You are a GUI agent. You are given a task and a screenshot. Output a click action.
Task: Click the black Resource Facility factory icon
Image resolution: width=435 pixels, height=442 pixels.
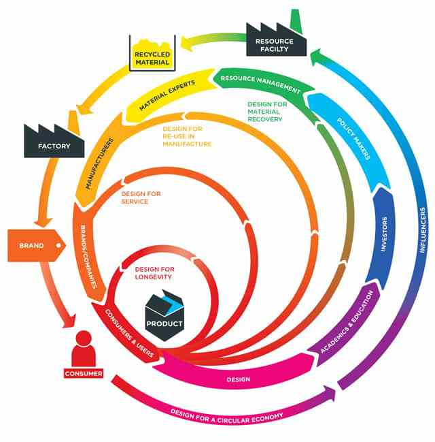(x=275, y=37)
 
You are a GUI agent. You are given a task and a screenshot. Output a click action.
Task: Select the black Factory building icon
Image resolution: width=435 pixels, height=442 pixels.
(x=54, y=140)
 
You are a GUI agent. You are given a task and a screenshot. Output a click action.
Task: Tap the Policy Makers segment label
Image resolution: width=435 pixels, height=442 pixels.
(x=353, y=140)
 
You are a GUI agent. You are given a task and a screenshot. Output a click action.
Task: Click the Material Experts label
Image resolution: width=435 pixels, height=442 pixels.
(x=167, y=96)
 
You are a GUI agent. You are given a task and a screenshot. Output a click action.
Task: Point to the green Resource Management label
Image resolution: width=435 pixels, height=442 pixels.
(x=260, y=83)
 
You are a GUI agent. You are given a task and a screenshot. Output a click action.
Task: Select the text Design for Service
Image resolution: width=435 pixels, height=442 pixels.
(x=141, y=198)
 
